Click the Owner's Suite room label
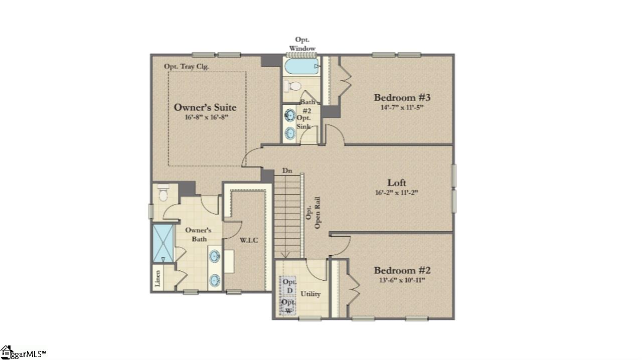tap(205, 107)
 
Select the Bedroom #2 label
tap(402, 270)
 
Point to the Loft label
tap(397, 183)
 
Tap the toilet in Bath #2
tap(293, 86)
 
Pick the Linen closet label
tap(158, 278)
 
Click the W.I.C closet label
tap(249, 240)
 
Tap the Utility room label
tap(310, 294)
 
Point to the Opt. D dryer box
tap(289, 286)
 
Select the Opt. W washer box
tap(288, 306)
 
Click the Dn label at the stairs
tap(287, 171)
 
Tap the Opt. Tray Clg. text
tap(187, 66)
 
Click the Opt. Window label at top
tap(302, 44)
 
